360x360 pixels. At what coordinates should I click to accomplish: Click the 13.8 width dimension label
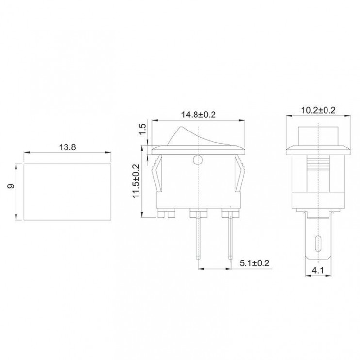coord(67,147)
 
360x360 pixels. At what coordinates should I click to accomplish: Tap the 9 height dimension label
coord(11,186)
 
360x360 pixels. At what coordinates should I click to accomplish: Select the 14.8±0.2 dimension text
coord(198,115)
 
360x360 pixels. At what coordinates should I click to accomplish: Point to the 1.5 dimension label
coord(142,129)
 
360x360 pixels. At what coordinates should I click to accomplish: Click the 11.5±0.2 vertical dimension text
coord(136,181)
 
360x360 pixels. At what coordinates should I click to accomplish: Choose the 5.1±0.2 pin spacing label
coord(254,263)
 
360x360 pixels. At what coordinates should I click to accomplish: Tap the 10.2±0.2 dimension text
coord(318,110)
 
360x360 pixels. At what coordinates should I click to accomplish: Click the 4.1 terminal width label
coord(318,270)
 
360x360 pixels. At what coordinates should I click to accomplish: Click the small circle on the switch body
coord(198,160)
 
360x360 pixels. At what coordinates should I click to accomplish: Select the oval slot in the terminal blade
coord(318,244)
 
